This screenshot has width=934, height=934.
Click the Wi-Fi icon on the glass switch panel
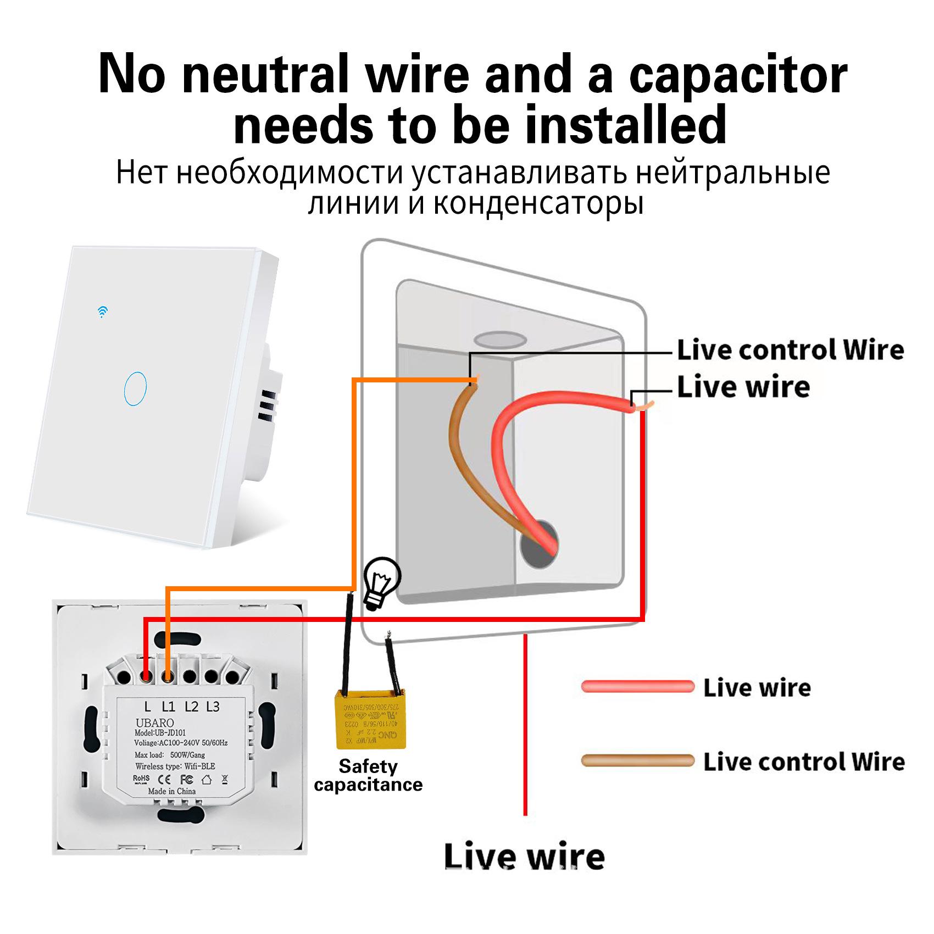click(102, 312)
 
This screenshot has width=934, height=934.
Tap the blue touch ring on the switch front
click(135, 388)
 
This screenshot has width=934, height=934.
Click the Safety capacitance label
click(368, 775)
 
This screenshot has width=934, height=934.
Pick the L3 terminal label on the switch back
click(213, 707)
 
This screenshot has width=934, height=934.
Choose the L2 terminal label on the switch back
click(191, 707)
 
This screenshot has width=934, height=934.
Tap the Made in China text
click(171, 791)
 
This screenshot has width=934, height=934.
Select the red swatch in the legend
click(638, 687)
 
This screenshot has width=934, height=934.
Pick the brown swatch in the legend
click(638, 761)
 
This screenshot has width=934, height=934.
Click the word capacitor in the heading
click(738, 75)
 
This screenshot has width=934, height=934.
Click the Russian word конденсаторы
click(538, 203)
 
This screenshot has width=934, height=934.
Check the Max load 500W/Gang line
click(170, 755)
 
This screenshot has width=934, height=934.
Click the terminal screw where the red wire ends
click(146, 675)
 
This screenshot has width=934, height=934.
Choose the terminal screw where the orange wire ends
click(168, 675)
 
